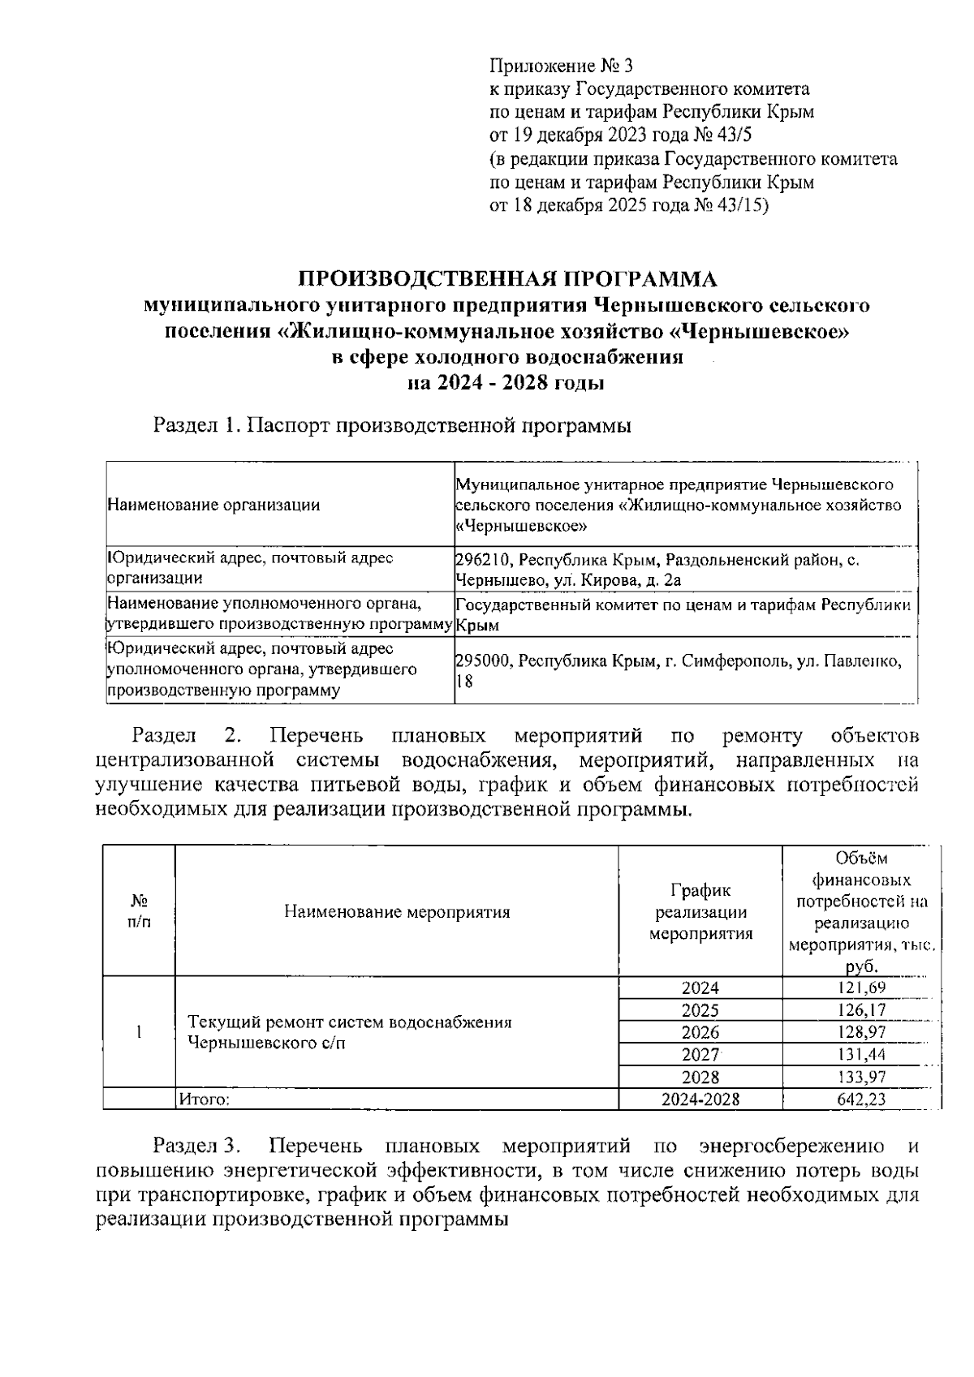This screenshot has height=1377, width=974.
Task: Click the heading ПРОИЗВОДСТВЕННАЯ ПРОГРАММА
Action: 509,279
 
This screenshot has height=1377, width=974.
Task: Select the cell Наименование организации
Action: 213,505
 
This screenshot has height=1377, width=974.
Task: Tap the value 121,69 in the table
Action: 861,988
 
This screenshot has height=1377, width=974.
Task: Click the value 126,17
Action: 861,1010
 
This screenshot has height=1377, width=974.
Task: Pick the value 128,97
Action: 861,1032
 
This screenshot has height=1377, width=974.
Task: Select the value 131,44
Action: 861,1054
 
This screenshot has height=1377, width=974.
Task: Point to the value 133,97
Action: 861,1077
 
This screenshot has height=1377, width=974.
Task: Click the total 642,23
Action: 861,1099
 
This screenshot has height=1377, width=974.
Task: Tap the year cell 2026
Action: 700,1032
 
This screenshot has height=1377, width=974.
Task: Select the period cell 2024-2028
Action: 700,1099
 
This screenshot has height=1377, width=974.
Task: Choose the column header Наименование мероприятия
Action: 397,911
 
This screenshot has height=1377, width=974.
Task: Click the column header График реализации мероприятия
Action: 700,911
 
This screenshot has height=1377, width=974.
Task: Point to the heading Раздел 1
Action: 196,424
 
